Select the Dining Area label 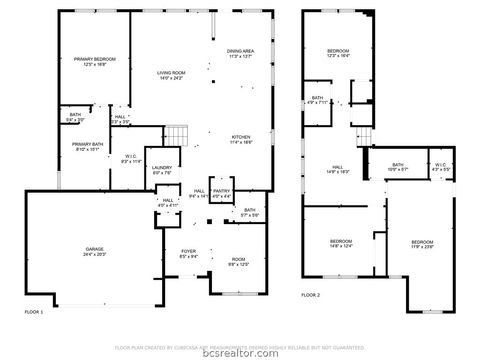(x=240, y=53)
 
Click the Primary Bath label (x=87, y=146)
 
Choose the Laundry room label (x=163, y=171)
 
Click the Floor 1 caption (x=34, y=313)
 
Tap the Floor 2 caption (x=311, y=294)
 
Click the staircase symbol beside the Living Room (x=176, y=134)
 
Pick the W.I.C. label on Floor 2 (x=440, y=167)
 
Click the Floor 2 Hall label (x=337, y=170)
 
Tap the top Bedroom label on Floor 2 (x=338, y=53)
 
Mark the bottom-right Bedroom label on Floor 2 (x=422, y=243)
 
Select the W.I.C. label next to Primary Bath (x=131, y=157)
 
